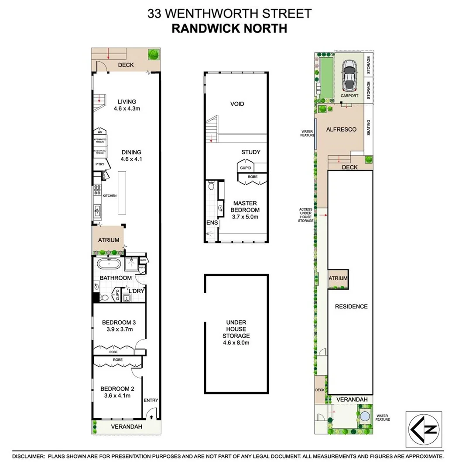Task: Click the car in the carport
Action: pos(349,75)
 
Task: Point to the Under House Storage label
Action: pos(236,333)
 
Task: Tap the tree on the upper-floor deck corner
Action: pos(153,55)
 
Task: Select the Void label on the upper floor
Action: pos(237,104)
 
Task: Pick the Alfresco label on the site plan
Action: pos(342,129)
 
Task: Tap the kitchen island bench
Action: pos(121,193)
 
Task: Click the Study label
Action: pos(250,152)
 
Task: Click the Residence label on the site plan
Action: pos(351,306)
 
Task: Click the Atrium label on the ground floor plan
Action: pos(109,240)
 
